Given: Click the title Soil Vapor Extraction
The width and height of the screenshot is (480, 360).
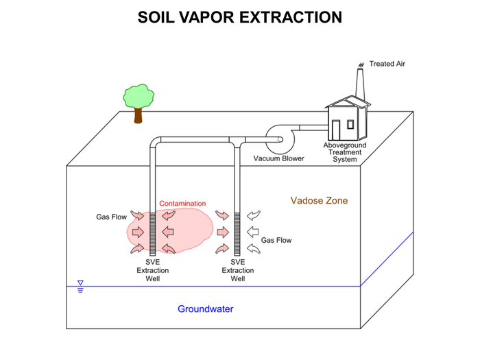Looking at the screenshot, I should click(x=240, y=17).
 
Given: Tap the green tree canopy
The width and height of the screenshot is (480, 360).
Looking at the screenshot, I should click(x=139, y=95).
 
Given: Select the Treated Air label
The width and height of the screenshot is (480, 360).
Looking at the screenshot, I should click(x=387, y=64).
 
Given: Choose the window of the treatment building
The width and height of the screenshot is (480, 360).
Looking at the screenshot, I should click(x=350, y=124).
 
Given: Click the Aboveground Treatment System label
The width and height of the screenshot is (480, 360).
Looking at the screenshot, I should click(x=345, y=152).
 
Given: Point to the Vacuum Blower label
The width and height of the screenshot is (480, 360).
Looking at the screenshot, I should click(x=278, y=158).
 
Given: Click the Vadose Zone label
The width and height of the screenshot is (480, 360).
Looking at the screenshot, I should click(x=319, y=201).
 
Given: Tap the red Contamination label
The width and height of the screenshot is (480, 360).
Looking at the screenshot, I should click(x=182, y=204).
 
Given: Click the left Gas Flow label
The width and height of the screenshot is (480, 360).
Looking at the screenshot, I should click(x=110, y=217).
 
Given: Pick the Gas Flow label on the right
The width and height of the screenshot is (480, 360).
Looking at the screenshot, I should click(x=276, y=241).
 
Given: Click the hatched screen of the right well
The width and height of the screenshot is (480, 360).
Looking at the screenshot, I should click(x=237, y=232).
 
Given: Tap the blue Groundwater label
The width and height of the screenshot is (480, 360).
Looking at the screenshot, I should click(x=206, y=309).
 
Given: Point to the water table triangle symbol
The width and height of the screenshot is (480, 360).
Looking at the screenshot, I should click(x=80, y=283).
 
